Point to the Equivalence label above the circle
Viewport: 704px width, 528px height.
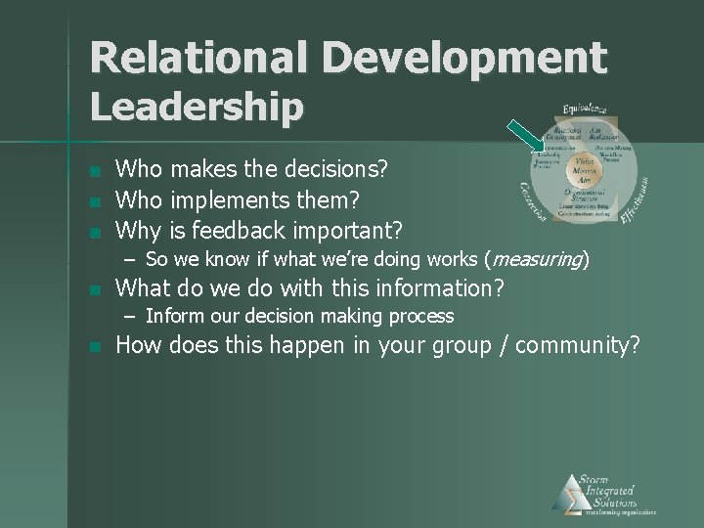585,108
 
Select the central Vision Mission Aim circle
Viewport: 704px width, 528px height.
584,167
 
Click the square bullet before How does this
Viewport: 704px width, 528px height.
94,347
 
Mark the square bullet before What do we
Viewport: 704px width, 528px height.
94,290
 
